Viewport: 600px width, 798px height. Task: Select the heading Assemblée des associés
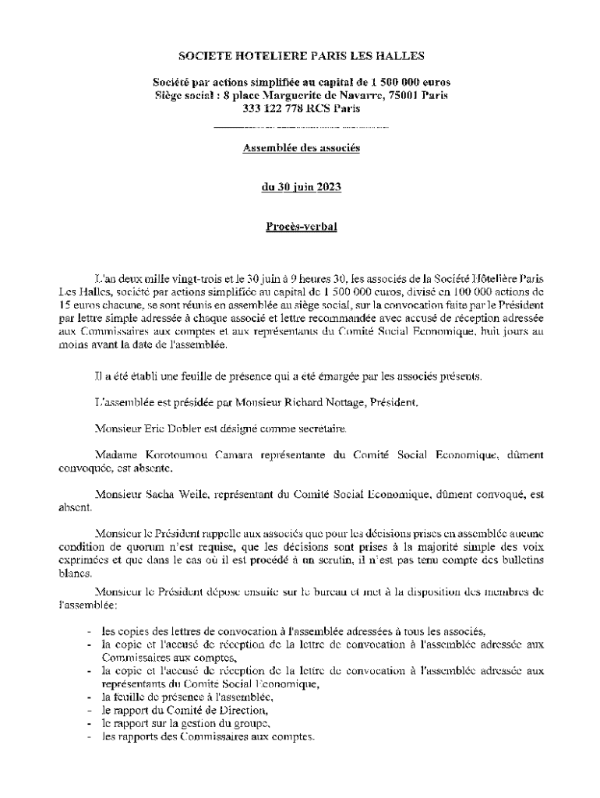[x=302, y=148]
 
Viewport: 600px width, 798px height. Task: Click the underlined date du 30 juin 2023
[x=302, y=187]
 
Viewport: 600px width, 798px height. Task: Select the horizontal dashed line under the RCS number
[x=301, y=125]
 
